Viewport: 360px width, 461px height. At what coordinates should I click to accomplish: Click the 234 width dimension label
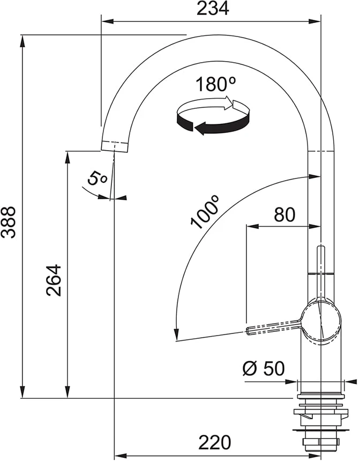tap(213, 9)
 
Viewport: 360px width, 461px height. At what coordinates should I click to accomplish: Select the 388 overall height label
tap(8, 222)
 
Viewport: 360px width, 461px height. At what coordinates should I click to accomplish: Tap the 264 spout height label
tap(54, 280)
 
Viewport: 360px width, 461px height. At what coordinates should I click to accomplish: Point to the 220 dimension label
tap(215, 442)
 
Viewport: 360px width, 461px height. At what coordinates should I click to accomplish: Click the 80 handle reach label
tap(284, 214)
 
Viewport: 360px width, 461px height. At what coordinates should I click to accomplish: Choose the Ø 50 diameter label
tap(264, 368)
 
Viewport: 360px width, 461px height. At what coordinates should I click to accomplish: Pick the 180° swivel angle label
tap(216, 84)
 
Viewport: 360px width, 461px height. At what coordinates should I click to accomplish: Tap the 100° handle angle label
tap(205, 212)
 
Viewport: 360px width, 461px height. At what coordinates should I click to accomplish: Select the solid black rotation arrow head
tap(200, 129)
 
